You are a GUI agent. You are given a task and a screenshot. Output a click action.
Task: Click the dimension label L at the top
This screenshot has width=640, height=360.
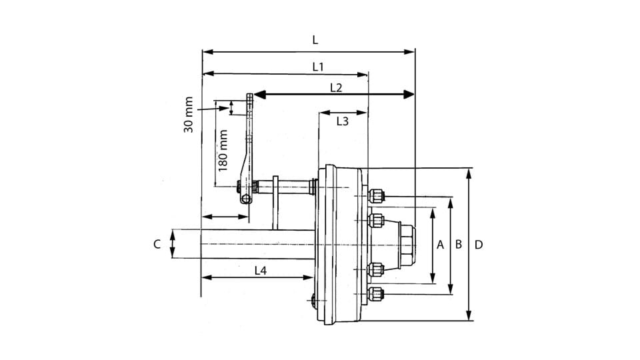315,40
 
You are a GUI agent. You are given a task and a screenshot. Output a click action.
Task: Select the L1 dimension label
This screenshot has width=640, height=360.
318,67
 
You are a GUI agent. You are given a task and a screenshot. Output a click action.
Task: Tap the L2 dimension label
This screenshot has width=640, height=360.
336,87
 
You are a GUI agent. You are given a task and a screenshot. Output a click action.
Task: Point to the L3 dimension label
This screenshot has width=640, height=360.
342,121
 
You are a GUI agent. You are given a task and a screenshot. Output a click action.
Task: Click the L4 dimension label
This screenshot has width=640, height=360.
261,270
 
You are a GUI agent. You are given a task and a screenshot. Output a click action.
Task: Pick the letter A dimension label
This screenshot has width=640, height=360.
440,245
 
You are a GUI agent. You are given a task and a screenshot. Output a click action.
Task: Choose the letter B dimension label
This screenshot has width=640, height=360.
459,245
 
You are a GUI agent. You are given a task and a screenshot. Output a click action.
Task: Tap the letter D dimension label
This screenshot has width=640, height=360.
479,245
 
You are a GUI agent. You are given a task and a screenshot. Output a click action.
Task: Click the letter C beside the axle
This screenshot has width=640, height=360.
157,244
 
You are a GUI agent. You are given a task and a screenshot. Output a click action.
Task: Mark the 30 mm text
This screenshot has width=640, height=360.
189,114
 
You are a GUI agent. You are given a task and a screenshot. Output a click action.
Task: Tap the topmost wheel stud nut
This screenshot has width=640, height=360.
376,196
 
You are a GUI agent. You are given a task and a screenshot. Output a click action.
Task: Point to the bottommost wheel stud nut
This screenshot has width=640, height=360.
376,293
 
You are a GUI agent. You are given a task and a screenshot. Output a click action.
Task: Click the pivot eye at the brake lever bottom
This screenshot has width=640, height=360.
246,199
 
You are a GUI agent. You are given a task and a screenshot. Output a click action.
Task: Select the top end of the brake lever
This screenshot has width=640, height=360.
249,97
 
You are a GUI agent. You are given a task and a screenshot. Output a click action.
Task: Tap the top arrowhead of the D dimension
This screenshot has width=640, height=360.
469,173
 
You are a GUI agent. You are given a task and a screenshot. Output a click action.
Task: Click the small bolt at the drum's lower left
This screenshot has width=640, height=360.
314,301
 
